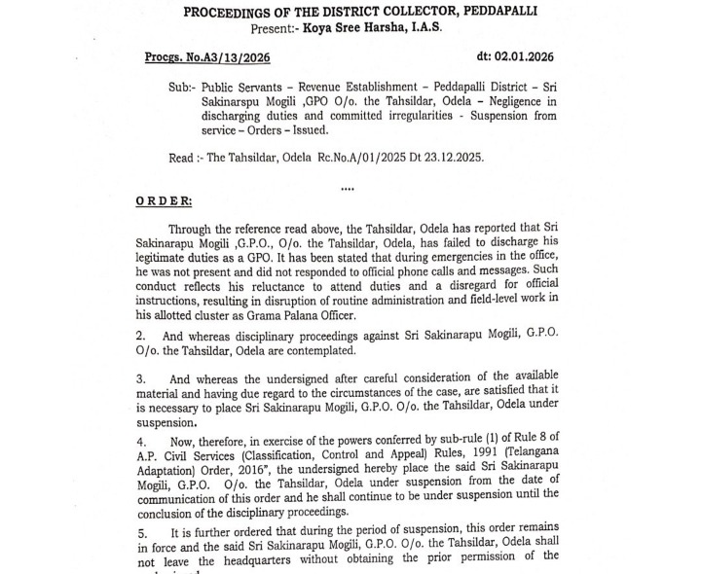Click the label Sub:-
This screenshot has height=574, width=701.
183,86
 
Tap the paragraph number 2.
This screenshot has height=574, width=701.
141,335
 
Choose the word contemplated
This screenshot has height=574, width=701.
314,350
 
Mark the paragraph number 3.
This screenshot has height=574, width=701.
140,377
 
